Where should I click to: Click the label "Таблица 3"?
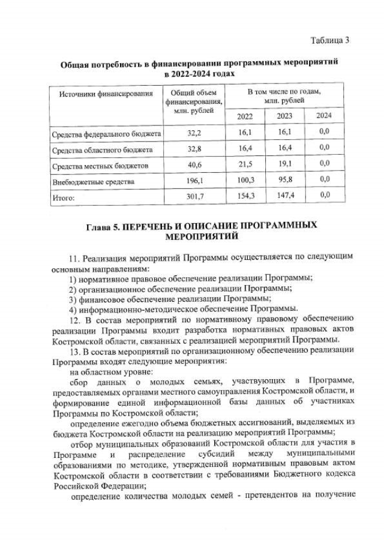pos(329,40)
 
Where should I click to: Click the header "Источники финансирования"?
pos(102,94)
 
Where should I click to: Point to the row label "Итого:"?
pos(67,196)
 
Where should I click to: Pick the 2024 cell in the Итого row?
pos(324,194)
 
